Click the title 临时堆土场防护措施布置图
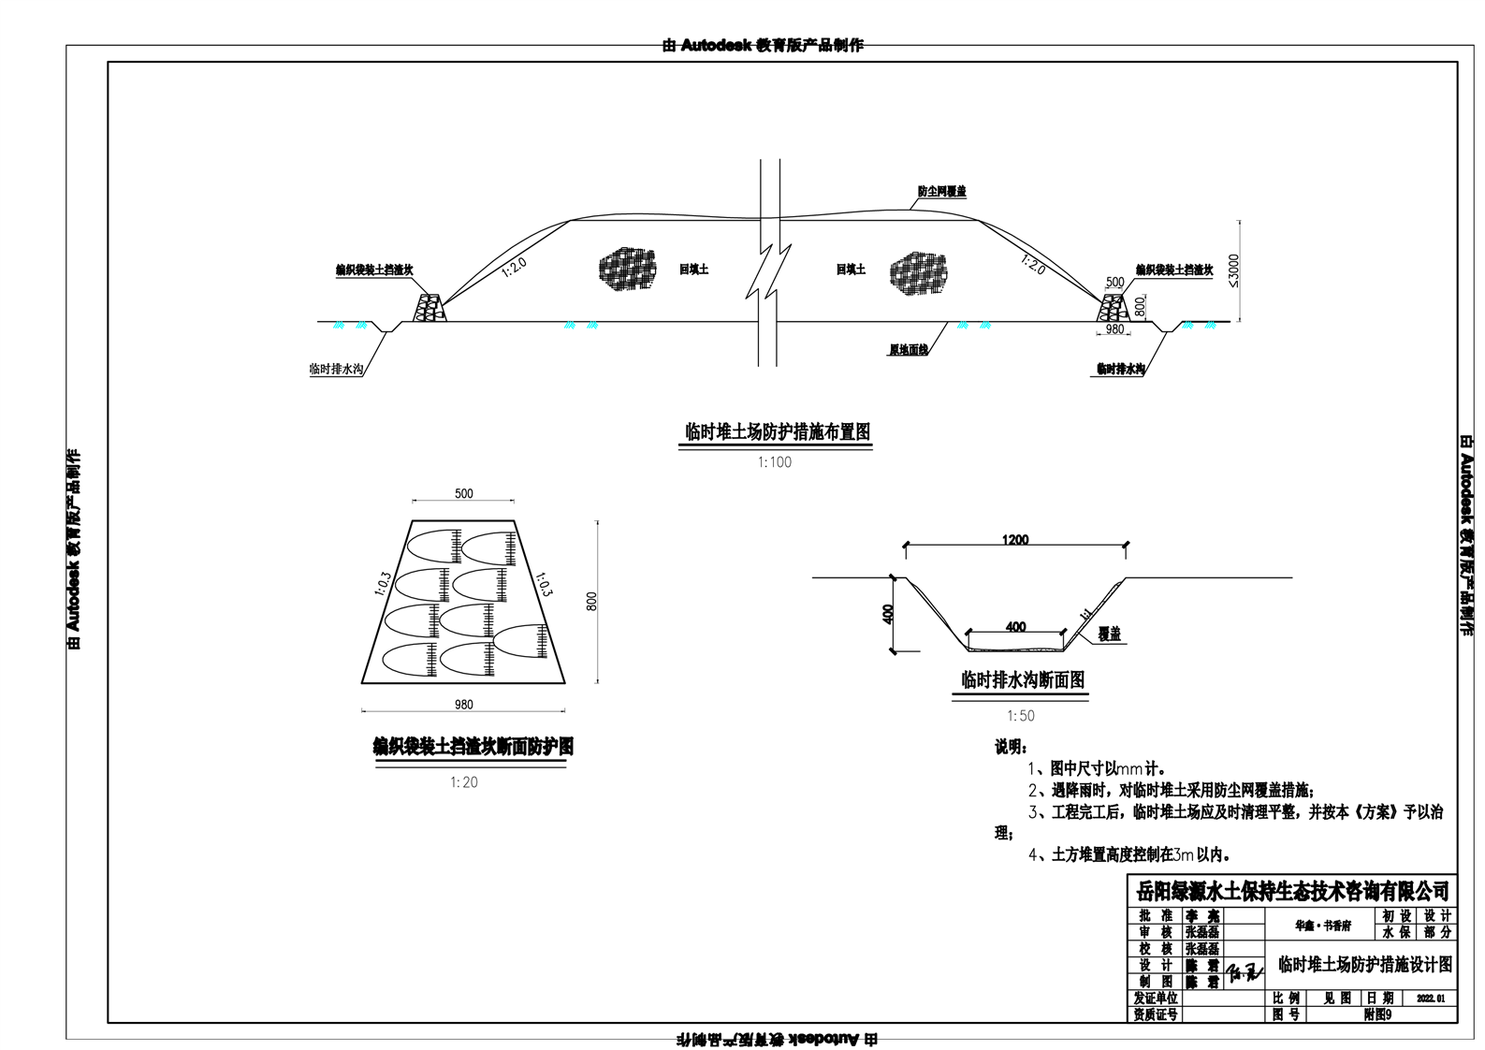click(778, 432)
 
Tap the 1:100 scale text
click(774, 462)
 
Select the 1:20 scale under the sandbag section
click(464, 782)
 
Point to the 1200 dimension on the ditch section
click(1015, 540)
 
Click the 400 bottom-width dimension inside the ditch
click(1015, 627)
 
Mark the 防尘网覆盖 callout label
click(941, 192)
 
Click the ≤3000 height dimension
click(1232, 270)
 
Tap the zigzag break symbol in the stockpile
click(769, 271)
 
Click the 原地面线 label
click(908, 350)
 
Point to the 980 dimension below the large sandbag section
click(463, 705)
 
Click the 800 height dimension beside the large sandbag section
click(591, 602)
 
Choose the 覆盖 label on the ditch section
click(1110, 634)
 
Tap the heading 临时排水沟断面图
click(1023, 680)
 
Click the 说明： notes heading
click(1011, 748)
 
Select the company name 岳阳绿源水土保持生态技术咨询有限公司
click(1292, 890)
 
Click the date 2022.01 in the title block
click(1431, 999)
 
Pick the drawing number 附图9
click(1377, 1014)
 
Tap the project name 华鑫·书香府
click(1322, 925)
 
